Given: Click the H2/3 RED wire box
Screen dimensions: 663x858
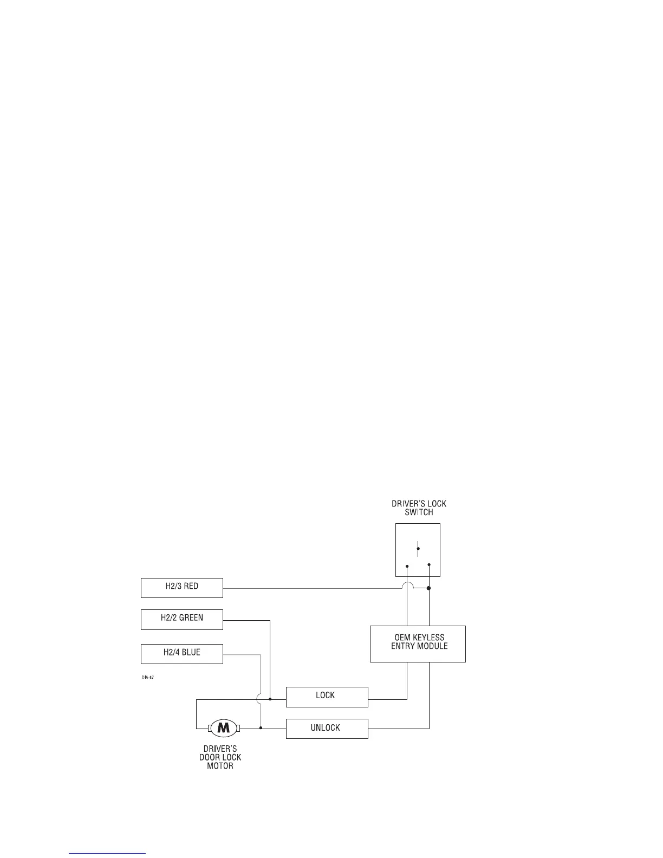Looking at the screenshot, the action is click(181, 588).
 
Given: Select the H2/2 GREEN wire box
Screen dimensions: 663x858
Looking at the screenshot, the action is click(181, 619).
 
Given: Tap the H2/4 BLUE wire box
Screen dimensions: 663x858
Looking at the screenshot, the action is click(181, 654).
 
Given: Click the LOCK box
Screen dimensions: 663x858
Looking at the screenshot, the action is click(327, 697).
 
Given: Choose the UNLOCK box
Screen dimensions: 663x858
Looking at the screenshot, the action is click(327, 729).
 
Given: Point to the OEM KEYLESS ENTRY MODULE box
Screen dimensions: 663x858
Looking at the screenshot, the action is click(418, 644).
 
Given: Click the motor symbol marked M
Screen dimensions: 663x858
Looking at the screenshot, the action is click(224, 729).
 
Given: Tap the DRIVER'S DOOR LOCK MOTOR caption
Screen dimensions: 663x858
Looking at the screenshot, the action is click(220, 758).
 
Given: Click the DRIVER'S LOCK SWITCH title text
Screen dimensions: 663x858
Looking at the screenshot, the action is click(419, 508).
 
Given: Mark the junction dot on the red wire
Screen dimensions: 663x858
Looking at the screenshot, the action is click(429, 588).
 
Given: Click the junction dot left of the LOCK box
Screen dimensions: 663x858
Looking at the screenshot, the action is click(270, 699).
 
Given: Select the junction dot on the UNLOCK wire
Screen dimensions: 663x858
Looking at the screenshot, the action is click(261, 728).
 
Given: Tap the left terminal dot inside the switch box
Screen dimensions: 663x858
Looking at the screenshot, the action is click(407, 566).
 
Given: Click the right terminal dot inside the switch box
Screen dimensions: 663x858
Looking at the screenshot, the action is click(429, 564).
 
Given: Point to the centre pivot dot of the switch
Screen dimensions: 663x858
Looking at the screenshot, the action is click(418, 549).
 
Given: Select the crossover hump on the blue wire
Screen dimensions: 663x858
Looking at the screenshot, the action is click(261, 699).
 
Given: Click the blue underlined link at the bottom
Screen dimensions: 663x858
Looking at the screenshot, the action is click(108, 853).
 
